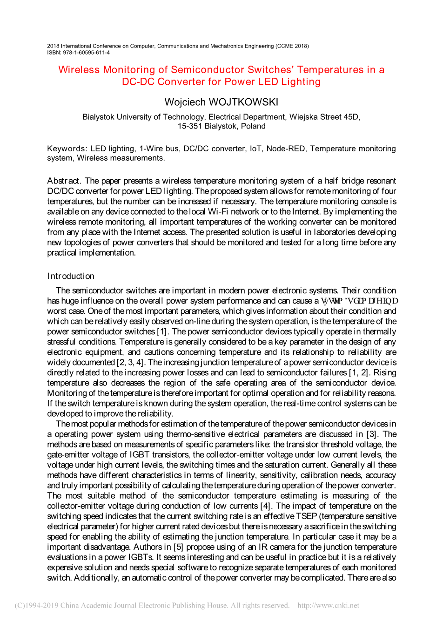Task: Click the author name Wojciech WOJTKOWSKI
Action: (x=221, y=102)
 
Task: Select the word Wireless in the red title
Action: (x=79, y=70)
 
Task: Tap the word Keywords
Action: (x=67, y=149)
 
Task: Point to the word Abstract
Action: (x=64, y=181)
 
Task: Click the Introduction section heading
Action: (x=71, y=276)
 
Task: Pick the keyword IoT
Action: (x=255, y=149)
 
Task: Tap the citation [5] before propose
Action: (x=178, y=547)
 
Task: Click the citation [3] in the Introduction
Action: (x=371, y=434)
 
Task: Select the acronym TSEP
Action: (x=307, y=516)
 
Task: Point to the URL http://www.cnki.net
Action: (x=328, y=605)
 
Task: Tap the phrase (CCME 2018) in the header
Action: (x=292, y=46)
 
